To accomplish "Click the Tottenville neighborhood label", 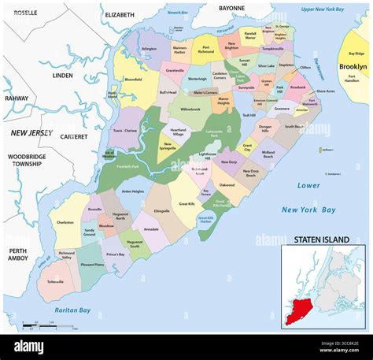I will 57,281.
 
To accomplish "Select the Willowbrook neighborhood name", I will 190,109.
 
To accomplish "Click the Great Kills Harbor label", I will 207,219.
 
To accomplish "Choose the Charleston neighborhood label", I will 65,222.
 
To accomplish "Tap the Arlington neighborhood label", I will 149,49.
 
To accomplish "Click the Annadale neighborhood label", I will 151,230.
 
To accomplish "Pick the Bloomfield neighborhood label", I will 134,79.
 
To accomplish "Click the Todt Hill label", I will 249,115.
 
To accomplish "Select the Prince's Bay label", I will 116,254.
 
